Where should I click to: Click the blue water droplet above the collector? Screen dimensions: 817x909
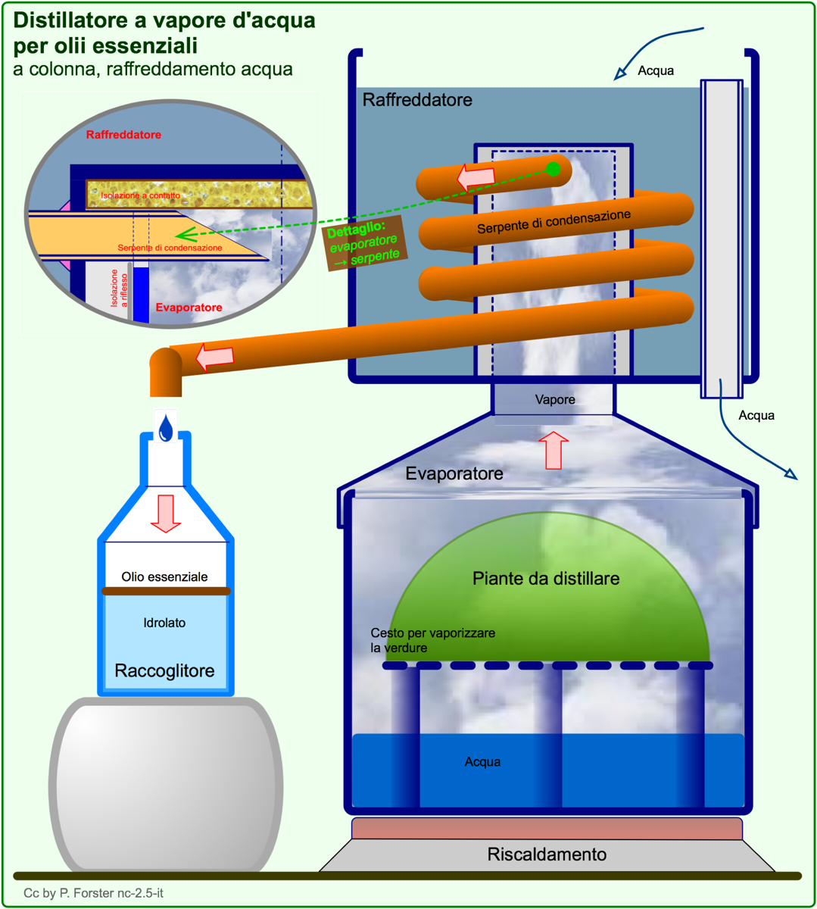[166, 427]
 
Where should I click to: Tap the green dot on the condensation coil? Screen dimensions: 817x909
[553, 169]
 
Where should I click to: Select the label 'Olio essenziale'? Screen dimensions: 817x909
[164, 576]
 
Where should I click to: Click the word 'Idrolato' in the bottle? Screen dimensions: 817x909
[164, 623]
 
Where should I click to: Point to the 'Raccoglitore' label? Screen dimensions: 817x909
[164, 670]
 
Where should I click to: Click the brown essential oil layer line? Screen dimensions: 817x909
[167, 591]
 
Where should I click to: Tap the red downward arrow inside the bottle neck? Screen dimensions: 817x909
[166, 514]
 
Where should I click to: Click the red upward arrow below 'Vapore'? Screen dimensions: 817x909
[554, 450]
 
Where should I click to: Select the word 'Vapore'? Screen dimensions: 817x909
[554, 399]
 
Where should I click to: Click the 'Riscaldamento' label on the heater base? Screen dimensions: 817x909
[547, 854]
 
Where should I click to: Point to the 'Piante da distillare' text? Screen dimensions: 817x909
[546, 578]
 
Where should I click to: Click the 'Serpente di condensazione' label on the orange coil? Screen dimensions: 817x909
[554, 222]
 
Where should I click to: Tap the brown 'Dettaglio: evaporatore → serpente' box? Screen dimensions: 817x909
[365, 243]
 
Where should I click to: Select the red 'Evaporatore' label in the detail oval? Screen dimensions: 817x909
[189, 308]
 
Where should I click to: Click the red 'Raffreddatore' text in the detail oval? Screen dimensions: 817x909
[123, 135]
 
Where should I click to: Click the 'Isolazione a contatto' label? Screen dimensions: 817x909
[140, 195]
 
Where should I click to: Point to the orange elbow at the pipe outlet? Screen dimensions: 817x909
[166, 372]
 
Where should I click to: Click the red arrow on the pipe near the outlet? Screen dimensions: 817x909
[215, 357]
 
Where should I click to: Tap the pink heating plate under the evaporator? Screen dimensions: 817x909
[547, 829]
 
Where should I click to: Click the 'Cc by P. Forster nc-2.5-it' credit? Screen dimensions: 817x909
[93, 892]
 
